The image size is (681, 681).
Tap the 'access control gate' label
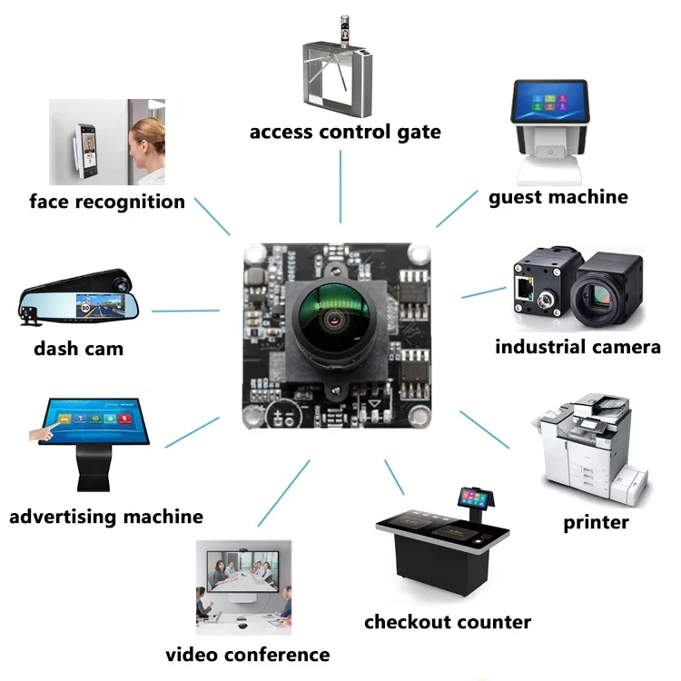(345, 132)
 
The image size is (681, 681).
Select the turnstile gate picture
(338, 67)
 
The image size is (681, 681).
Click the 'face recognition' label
(107, 202)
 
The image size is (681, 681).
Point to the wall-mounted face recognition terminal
(85, 150)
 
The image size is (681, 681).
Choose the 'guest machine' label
(558, 198)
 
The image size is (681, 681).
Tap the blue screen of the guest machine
(551, 101)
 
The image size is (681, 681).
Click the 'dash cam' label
(79, 349)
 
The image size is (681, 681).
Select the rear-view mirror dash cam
(78, 298)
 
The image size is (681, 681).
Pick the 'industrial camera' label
(577, 347)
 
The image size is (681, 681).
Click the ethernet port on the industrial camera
(524, 289)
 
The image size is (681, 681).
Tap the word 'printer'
(596, 522)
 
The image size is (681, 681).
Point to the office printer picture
(591, 449)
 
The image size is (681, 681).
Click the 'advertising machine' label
(106, 517)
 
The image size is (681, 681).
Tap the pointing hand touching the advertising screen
(44, 431)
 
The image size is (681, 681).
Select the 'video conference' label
(248, 655)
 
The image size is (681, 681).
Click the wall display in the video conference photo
(242, 571)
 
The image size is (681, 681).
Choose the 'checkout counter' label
(448, 622)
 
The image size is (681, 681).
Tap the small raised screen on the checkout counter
(476, 498)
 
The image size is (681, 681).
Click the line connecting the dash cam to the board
(185, 311)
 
